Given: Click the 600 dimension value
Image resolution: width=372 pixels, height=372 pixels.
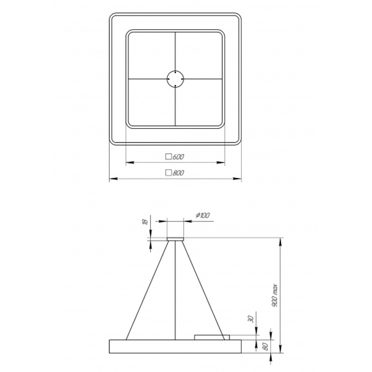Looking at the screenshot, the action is click(179, 157).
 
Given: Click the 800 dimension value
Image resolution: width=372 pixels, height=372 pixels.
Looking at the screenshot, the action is click(179, 173).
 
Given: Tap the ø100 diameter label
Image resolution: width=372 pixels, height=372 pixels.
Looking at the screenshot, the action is click(203, 215).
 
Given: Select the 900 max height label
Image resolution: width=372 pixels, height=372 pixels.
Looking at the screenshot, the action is click(275, 295).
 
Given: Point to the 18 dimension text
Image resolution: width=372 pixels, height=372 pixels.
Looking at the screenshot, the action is click(146, 221).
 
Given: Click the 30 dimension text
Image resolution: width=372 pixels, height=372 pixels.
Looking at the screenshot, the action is click(251, 319).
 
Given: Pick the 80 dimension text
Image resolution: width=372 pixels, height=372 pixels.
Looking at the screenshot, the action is click(266, 347).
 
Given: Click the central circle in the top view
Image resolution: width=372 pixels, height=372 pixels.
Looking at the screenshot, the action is click(175, 79).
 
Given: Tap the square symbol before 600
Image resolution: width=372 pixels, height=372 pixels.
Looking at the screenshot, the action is click(169, 157).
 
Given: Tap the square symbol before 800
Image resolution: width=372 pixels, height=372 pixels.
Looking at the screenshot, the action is click(169, 172).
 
